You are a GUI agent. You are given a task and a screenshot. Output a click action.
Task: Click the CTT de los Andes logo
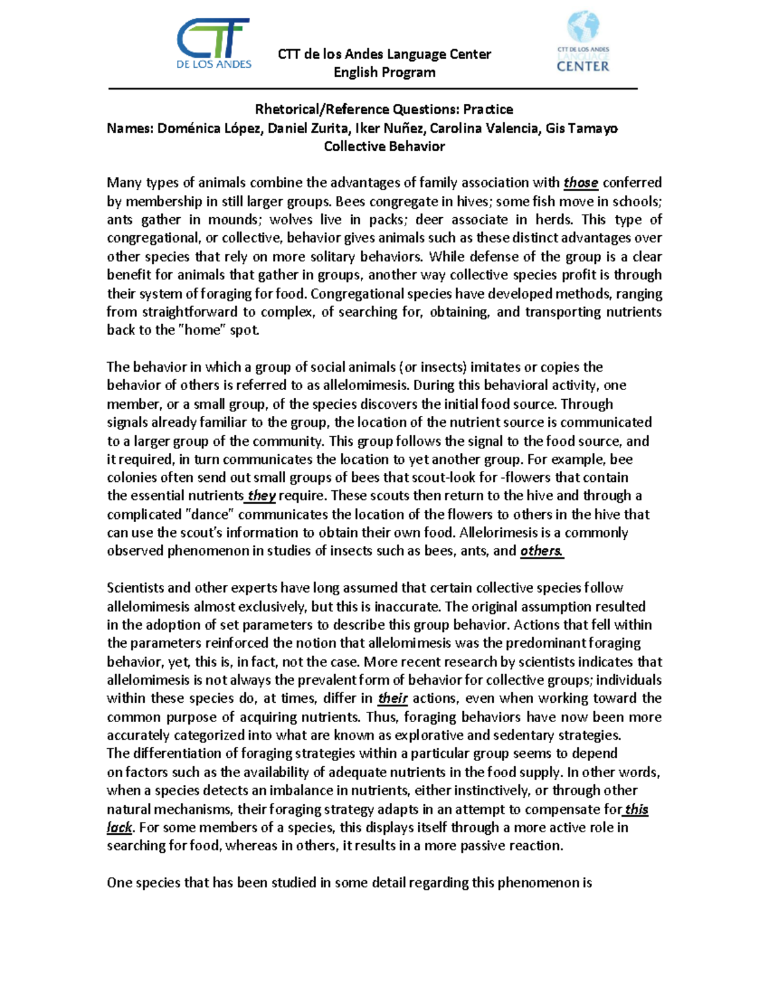point(213,44)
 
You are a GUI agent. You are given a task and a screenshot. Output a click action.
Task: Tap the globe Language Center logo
point(583,42)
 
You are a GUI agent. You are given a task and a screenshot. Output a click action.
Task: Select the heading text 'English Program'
point(384,72)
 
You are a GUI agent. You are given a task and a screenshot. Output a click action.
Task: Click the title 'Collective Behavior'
point(384,147)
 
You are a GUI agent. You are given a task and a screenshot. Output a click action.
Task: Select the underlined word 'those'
point(581,183)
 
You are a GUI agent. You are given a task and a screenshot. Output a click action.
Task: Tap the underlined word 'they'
point(261,496)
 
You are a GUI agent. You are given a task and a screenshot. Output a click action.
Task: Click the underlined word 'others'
point(541,551)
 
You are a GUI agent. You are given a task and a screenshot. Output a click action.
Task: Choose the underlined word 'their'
point(393,698)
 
